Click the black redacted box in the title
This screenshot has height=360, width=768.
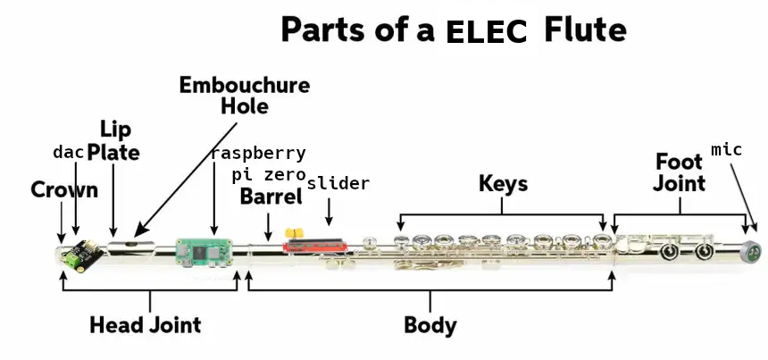pos(488,29)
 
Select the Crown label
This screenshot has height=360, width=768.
pos(64,190)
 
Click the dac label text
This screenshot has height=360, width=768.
pos(69,152)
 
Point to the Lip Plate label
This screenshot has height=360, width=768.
pos(113,140)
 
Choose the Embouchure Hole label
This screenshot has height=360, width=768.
pos(244,96)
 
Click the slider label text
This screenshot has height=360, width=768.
pos(338,184)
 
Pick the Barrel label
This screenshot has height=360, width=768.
pos(271,197)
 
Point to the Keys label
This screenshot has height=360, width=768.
pos(503,184)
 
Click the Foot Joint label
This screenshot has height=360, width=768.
pos(680,172)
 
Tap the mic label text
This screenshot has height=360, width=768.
pos(726,149)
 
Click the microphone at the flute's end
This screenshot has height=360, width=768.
pos(753,252)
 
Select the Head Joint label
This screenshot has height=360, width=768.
pos(145,325)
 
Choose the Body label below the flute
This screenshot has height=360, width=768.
pos(430,325)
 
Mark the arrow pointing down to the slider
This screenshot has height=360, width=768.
pos(330,212)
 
